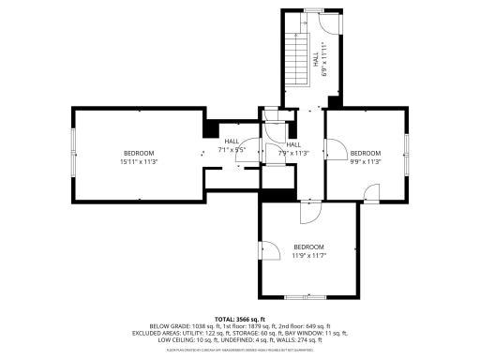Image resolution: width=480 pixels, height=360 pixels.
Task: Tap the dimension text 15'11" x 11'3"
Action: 139,161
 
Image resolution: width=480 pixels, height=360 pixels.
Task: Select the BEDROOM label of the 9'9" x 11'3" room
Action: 366,153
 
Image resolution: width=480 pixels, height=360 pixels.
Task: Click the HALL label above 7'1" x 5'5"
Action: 232,142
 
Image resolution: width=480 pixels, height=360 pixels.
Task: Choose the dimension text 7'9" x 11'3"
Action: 293,153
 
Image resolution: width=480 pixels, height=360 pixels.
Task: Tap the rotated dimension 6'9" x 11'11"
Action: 323,58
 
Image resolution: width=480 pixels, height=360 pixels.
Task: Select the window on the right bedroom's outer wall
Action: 406,148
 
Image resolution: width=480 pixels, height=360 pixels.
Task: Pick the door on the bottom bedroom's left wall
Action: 268,251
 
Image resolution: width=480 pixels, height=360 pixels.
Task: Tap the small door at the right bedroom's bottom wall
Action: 371,193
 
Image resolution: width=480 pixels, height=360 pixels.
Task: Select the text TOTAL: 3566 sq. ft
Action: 241,319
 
